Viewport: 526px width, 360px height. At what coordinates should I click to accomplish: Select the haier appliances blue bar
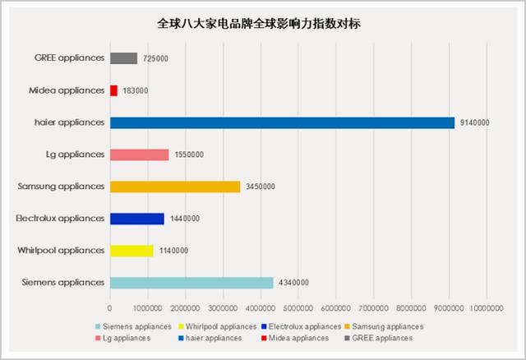coord(282,122)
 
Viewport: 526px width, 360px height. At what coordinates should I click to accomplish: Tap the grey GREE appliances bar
coord(123,58)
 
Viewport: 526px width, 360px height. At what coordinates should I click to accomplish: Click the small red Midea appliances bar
coord(113,90)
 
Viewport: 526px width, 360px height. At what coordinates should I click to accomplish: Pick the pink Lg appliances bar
coord(139,155)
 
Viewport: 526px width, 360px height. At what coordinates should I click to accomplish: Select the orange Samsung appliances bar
coord(175,187)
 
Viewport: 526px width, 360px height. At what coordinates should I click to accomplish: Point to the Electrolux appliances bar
coord(137,219)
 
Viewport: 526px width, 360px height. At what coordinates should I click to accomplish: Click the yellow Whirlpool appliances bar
coord(131,251)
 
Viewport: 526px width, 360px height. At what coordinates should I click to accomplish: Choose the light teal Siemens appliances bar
coord(191,283)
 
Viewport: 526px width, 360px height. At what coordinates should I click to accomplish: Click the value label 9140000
coord(474,123)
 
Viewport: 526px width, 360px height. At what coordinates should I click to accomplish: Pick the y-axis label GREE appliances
coord(70,58)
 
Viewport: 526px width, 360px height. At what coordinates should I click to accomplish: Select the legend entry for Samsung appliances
coord(386,326)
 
